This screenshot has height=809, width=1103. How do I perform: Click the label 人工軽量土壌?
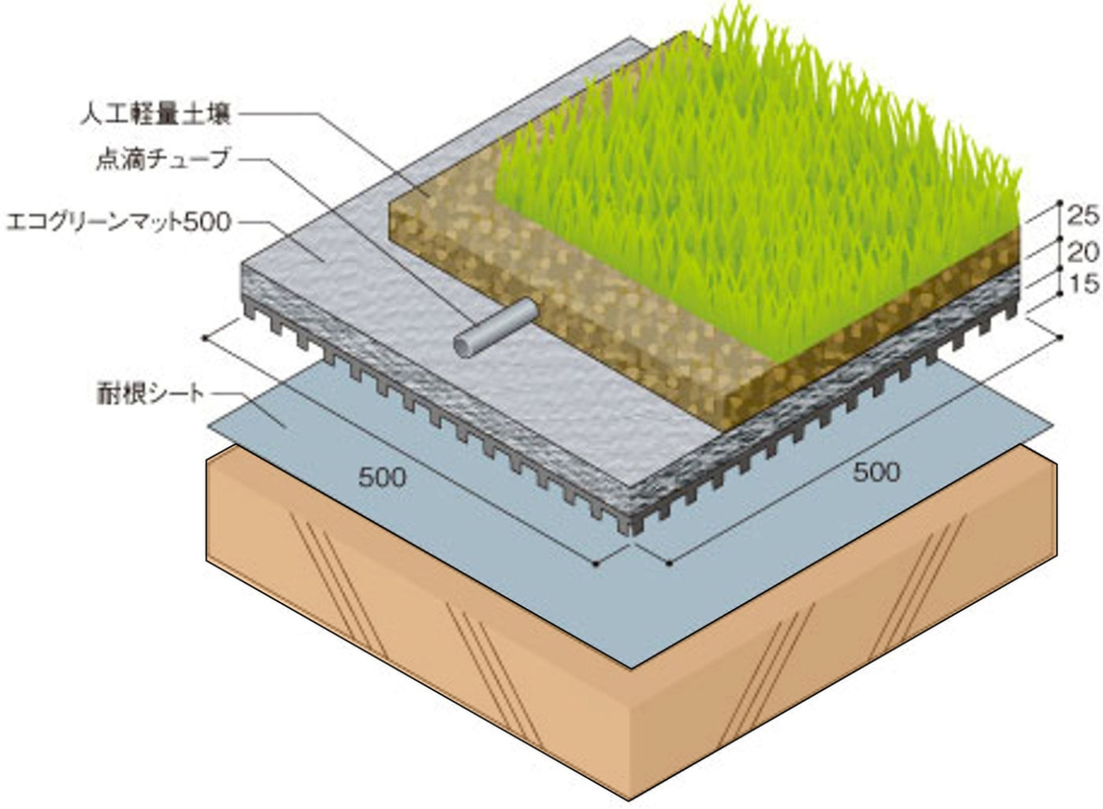(156, 115)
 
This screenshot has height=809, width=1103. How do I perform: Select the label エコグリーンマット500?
(118, 222)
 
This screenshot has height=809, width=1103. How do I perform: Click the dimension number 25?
(1083, 214)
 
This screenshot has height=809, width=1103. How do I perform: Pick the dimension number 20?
(1083, 252)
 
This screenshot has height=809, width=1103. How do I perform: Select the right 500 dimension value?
(876, 472)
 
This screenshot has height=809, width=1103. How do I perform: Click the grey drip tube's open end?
(466, 345)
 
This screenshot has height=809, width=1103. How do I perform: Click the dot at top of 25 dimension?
(1060, 202)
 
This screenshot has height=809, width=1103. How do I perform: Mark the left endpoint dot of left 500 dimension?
(205, 338)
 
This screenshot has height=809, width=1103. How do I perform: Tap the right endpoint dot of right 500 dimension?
(1060, 337)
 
